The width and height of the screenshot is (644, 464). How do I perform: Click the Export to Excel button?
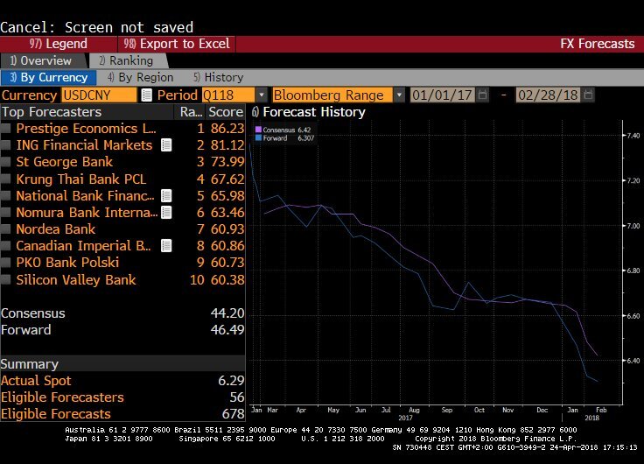177,44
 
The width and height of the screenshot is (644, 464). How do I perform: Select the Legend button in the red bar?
59,44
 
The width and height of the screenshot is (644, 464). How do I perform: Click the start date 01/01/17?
443,95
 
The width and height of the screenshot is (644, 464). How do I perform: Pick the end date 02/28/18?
549,95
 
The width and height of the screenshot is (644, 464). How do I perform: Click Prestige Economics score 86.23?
226,128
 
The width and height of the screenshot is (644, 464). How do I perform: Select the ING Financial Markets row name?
84,144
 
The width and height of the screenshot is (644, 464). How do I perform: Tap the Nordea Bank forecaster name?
56,228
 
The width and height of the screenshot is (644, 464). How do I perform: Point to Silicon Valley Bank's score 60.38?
226,279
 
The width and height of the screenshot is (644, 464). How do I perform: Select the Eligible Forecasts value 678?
228,414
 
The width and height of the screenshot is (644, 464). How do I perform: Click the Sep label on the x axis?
446,409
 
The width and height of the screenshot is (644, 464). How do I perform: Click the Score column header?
226,112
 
